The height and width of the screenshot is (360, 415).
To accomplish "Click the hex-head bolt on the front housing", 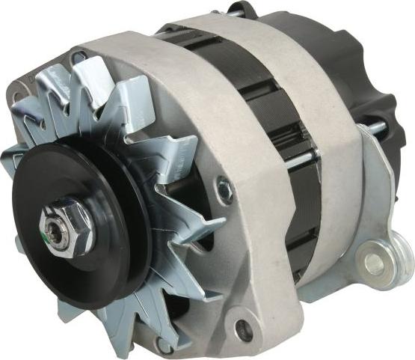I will [223, 189].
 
